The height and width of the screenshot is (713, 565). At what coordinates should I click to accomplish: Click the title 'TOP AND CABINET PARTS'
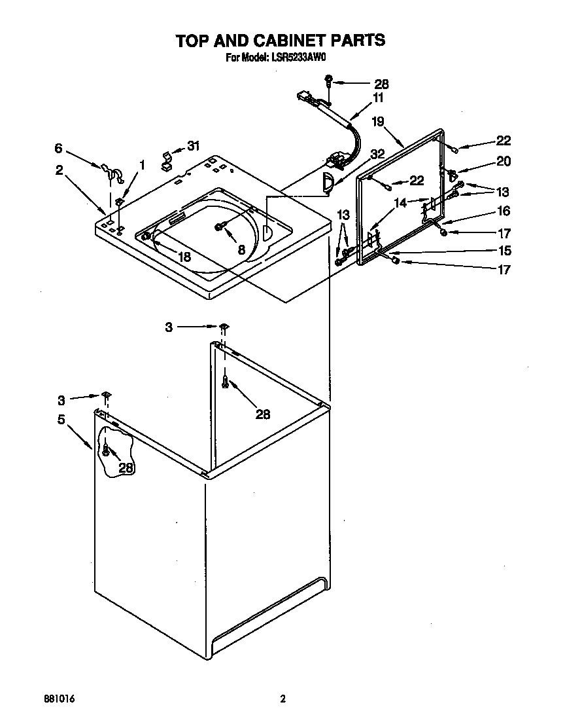(x=280, y=41)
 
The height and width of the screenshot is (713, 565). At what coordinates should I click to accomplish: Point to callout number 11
(x=378, y=98)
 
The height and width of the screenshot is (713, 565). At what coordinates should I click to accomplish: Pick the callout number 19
(x=377, y=121)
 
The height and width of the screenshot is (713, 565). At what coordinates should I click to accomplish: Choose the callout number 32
(x=377, y=155)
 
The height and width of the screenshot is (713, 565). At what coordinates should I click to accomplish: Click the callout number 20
(x=504, y=162)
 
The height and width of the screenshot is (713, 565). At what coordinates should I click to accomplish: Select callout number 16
(x=504, y=211)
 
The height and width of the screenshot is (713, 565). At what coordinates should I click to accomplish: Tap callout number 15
(x=504, y=251)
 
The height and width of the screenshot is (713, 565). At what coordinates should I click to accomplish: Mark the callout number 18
(x=184, y=257)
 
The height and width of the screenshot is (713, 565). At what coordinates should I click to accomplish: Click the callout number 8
(x=241, y=249)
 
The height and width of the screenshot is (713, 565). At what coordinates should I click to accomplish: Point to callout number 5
(x=61, y=420)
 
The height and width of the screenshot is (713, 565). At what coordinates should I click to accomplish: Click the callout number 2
(x=59, y=170)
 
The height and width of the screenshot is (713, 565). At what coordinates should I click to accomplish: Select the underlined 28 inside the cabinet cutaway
(x=127, y=467)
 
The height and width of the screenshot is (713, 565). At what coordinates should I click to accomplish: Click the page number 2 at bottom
(x=283, y=699)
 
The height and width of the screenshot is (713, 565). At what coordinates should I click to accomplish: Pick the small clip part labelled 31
(x=167, y=159)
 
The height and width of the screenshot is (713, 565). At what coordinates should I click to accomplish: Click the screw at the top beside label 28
(x=330, y=83)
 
